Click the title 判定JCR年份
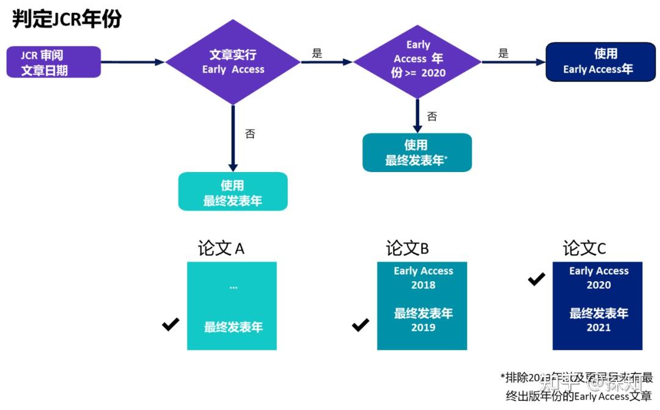point(67,20)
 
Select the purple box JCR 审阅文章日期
point(53,62)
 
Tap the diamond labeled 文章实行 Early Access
point(233,62)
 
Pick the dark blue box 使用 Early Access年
point(600,62)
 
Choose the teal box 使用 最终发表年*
point(417,153)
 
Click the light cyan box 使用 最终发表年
point(233,192)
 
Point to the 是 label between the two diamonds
point(317,53)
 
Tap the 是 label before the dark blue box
point(503,53)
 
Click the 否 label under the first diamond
point(250,134)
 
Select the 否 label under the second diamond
point(432,116)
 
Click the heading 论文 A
point(221,248)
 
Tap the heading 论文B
point(407,248)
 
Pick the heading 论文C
point(584,248)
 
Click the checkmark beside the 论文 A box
point(170,325)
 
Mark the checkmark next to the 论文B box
point(361,325)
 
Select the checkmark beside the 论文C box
point(537,279)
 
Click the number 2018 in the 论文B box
point(423,285)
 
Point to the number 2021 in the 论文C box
point(599,328)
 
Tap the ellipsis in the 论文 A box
point(233,286)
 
